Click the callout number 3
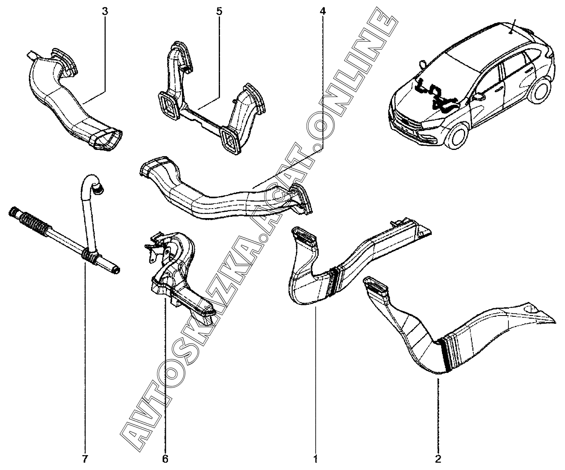[x=105, y=12]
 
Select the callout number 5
[x=219, y=12]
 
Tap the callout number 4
[x=322, y=12]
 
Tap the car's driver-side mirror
[x=478, y=97]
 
